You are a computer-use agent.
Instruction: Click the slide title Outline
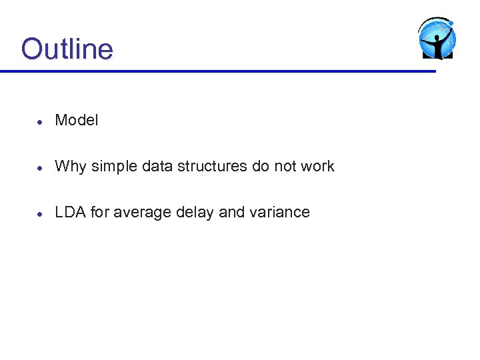click(67, 49)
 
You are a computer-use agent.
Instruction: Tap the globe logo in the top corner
click(437, 39)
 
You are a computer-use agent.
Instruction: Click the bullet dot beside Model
click(40, 121)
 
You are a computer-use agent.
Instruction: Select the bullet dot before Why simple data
click(40, 167)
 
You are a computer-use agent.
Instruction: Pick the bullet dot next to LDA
click(40, 213)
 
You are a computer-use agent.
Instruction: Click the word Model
click(76, 120)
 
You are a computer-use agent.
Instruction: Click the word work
click(317, 166)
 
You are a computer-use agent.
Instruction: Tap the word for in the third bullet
click(100, 212)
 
